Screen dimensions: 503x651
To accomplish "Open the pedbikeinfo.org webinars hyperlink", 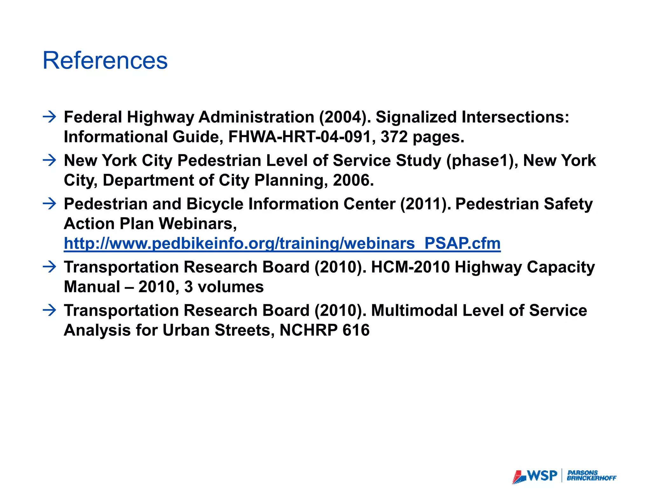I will click(x=282, y=244).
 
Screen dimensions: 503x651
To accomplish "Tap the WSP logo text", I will click(x=542, y=476).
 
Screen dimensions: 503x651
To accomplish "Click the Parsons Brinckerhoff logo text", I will click(x=591, y=476).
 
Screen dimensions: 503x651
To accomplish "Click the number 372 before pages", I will click(x=394, y=137).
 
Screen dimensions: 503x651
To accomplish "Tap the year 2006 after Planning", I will click(x=353, y=180).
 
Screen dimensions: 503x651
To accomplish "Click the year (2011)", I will click(x=425, y=204).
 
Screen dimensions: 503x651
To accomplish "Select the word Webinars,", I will click(x=198, y=224).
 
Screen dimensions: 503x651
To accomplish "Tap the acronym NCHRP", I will click(x=308, y=330).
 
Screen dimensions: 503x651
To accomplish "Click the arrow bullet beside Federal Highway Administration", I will click(x=49, y=117).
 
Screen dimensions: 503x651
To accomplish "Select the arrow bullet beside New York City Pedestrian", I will click(x=49, y=160).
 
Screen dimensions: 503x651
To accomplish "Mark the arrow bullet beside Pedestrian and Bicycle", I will click(x=49, y=204).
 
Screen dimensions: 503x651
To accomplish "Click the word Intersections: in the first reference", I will click(x=515, y=117).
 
